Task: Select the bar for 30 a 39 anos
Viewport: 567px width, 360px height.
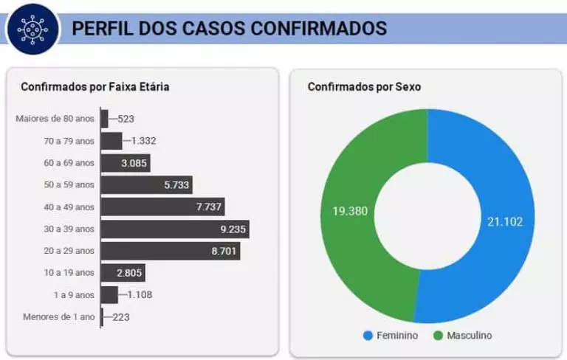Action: coord(174,229)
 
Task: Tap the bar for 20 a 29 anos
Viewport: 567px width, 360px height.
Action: coord(170,251)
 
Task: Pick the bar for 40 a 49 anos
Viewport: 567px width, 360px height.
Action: coord(162,207)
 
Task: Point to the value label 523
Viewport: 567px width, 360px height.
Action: coord(126,119)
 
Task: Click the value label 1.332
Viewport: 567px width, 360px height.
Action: coord(143,141)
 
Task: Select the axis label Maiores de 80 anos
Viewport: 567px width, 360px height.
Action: coord(55,119)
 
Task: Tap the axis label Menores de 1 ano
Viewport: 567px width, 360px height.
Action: coord(59,317)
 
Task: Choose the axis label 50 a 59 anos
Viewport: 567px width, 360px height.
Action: coord(69,185)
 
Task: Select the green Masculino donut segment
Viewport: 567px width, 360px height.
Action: coord(347,214)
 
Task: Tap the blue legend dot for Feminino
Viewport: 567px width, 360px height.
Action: coord(367,336)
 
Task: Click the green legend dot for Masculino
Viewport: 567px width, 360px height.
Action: coord(438,336)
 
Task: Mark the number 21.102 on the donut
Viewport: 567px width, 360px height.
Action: coord(505,221)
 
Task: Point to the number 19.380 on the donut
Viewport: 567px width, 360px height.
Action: coord(350,211)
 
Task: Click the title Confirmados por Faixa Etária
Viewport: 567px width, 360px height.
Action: coord(95,87)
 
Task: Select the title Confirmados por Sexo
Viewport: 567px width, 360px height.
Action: coord(364,87)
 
